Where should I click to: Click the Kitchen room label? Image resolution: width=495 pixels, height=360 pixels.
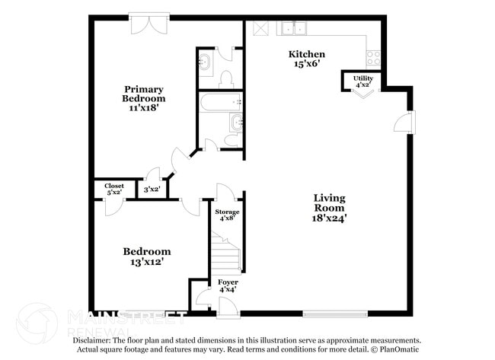tap(306, 54)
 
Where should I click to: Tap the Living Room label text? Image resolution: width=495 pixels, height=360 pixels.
tap(329, 202)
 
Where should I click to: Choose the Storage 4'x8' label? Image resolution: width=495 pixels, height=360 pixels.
tap(226, 215)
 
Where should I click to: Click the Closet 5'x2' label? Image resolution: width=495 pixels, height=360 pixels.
tap(114, 189)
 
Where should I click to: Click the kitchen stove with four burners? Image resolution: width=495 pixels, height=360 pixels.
tap(372, 58)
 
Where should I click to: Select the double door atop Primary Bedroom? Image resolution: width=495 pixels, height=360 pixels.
tap(144, 23)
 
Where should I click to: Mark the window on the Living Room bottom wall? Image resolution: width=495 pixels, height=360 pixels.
tap(334, 313)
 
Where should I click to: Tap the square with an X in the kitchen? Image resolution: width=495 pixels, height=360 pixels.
tap(260, 28)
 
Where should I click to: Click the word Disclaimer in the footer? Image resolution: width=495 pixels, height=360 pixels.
tap(93, 341)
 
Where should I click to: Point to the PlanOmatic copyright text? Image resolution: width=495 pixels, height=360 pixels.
tap(396, 350)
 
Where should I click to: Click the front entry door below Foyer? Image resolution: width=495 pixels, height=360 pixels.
tap(227, 308)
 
